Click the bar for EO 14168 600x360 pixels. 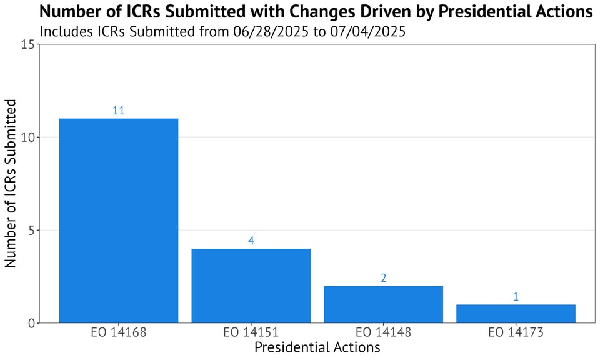click(119, 221)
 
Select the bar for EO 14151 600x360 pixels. click(251, 286)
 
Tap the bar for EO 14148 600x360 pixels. click(384, 304)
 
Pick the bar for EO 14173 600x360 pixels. click(516, 314)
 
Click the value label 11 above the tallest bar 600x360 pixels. click(119, 111)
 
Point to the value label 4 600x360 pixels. click(251, 241)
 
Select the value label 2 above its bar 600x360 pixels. click(384, 278)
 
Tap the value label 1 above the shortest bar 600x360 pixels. click(516, 297)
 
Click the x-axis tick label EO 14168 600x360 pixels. click(119, 332)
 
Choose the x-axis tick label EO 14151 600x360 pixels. click(251, 332)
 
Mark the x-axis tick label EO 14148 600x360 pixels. click(384, 332)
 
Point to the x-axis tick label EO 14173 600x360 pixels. click(516, 332)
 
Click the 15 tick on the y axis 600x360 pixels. click(27, 45)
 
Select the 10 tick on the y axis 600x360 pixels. click(27, 137)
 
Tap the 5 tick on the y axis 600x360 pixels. click(31, 231)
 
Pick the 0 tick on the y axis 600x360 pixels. click(31, 323)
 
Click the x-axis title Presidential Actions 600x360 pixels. click(317, 347)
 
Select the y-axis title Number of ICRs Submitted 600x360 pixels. click(11, 184)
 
